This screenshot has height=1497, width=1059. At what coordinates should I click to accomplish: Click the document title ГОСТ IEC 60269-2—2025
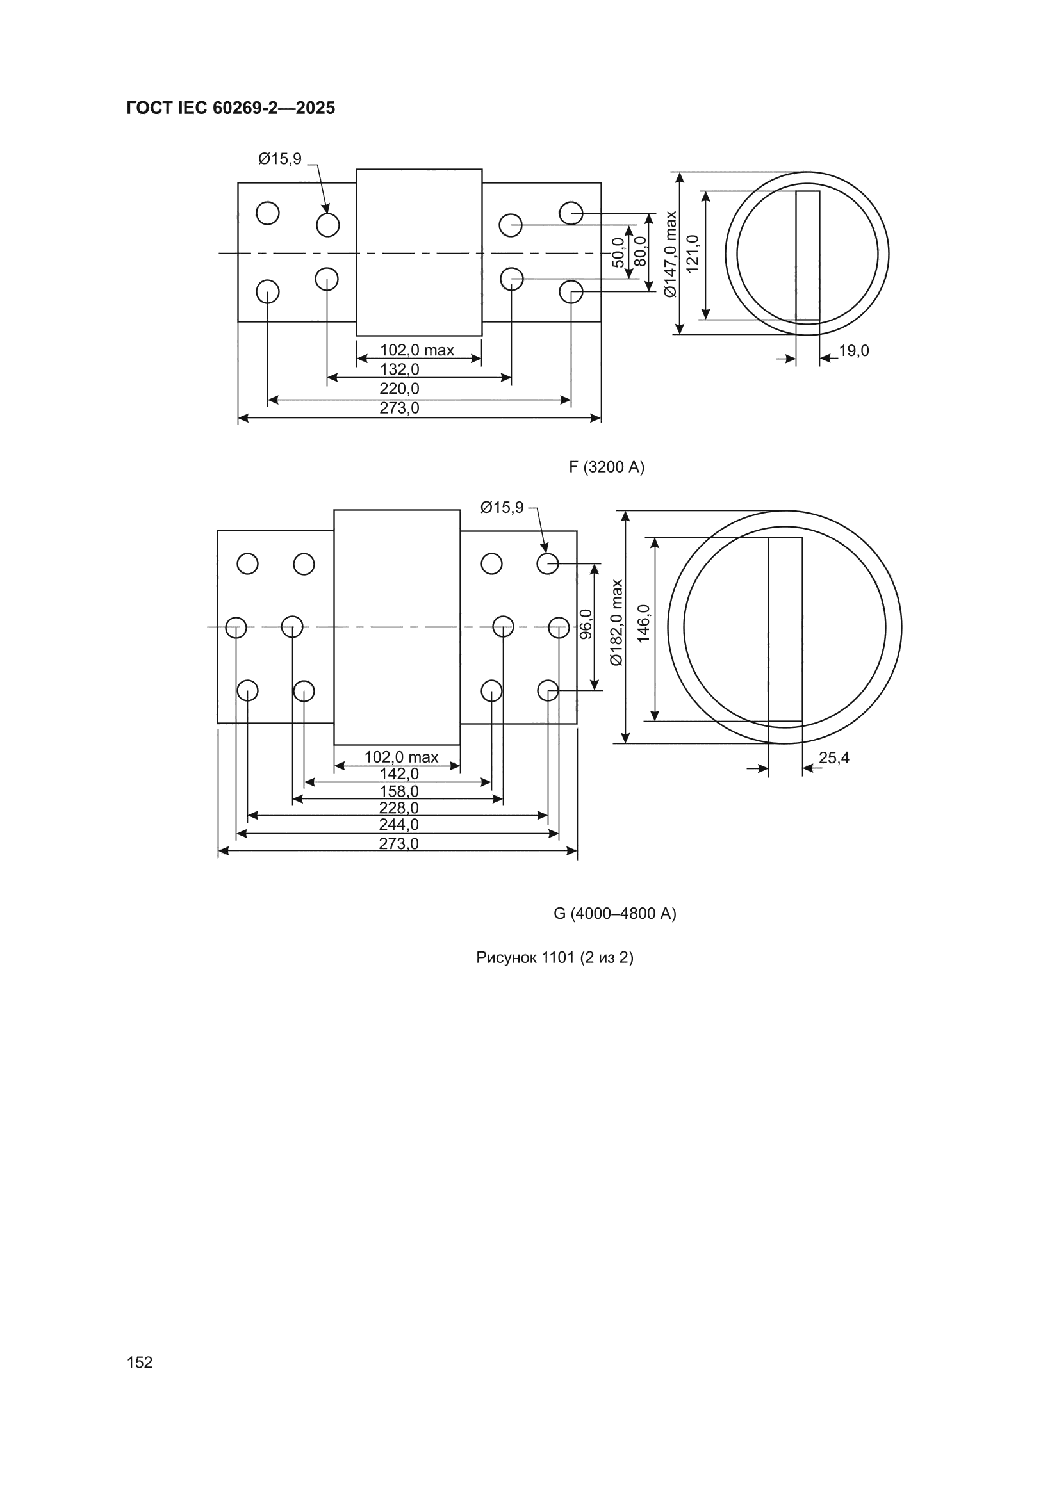(x=231, y=108)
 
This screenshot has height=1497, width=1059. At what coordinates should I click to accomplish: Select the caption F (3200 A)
(x=607, y=467)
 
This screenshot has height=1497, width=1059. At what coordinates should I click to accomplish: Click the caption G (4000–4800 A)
(x=614, y=914)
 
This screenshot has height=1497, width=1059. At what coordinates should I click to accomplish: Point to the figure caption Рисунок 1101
(x=525, y=957)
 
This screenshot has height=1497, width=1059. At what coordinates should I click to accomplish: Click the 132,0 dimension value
(x=399, y=369)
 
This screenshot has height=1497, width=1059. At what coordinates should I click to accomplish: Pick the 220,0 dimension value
(x=399, y=389)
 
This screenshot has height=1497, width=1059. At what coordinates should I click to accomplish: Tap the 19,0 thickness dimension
(x=853, y=351)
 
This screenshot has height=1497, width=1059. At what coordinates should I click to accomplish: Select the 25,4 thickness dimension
(x=834, y=757)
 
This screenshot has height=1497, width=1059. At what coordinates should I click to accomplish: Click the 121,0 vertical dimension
(x=693, y=254)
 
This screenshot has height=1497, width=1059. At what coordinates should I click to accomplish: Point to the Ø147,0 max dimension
(x=671, y=254)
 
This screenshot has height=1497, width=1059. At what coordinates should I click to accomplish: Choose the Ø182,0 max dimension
(x=616, y=622)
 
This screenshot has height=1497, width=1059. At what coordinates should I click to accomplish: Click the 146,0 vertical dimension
(x=644, y=623)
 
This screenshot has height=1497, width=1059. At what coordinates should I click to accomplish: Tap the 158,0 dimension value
(x=399, y=791)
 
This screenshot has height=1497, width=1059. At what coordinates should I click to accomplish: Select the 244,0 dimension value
(x=398, y=825)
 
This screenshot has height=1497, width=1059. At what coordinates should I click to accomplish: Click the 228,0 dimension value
(x=398, y=809)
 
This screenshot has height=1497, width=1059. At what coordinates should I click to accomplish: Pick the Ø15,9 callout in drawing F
(x=280, y=158)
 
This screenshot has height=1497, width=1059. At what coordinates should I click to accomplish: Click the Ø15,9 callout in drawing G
(x=502, y=507)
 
